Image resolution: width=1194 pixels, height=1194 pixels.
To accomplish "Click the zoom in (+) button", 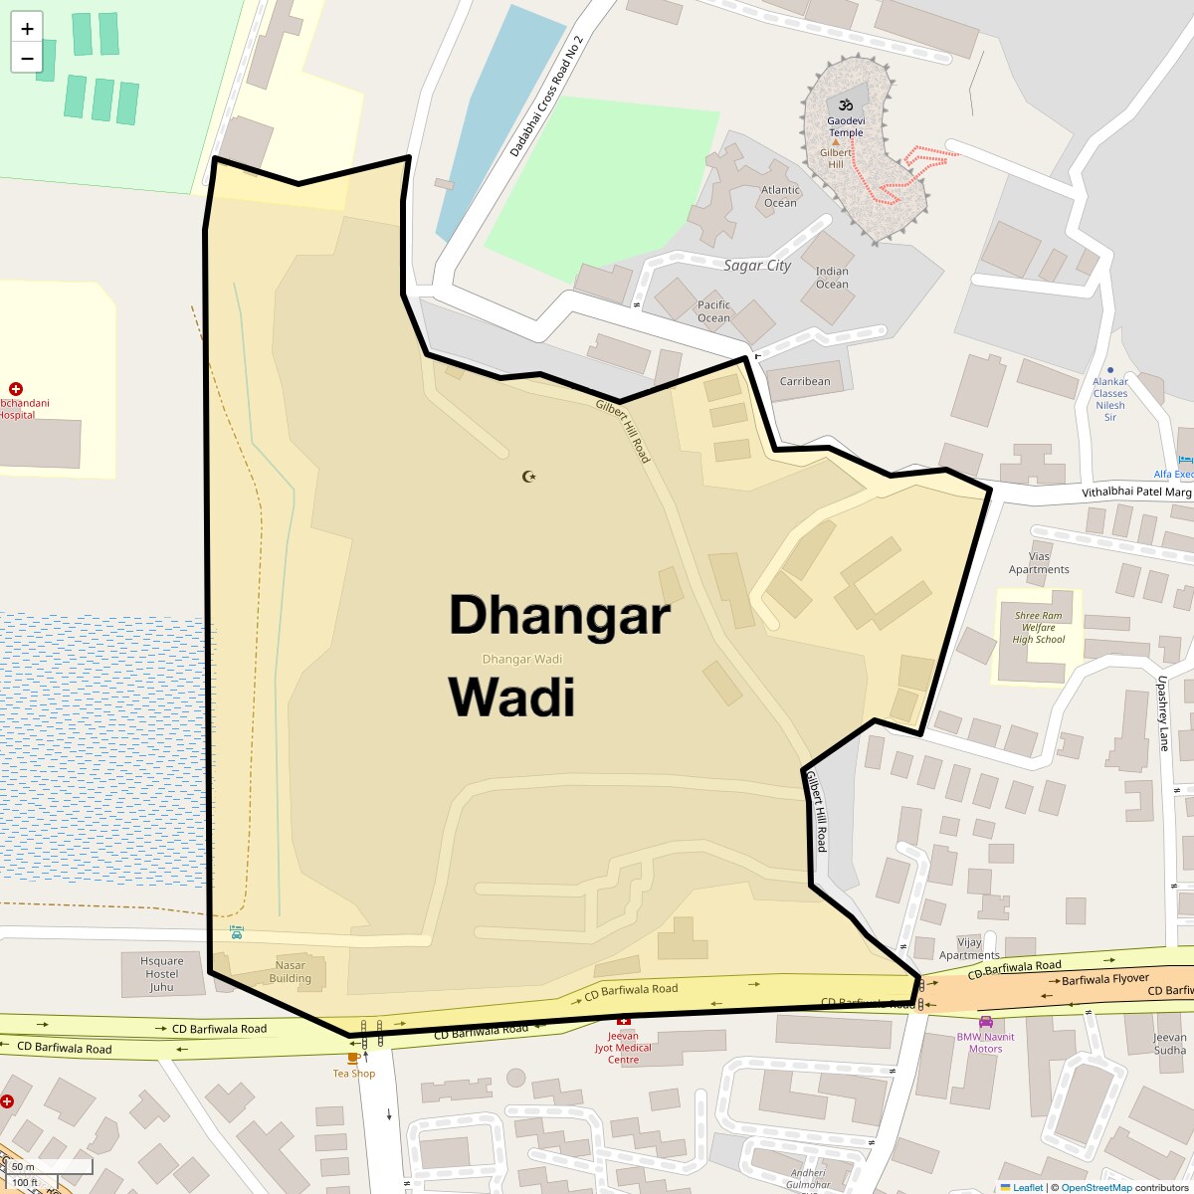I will pyautogui.click(x=27, y=28).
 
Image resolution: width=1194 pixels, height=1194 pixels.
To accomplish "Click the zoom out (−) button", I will pyautogui.click(x=27, y=58).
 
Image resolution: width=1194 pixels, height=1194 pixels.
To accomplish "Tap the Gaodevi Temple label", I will pyautogui.click(x=846, y=126).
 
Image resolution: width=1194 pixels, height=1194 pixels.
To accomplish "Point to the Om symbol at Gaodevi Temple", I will pyautogui.click(x=846, y=104).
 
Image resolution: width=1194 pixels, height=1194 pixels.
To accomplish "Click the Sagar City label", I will pyautogui.click(x=757, y=266).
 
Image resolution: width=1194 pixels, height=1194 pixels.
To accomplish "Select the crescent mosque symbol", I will pyautogui.click(x=529, y=477).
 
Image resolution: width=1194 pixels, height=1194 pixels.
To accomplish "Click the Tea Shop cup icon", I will pyautogui.click(x=353, y=1058).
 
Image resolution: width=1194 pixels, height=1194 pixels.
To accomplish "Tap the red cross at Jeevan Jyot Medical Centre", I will pyautogui.click(x=624, y=1021).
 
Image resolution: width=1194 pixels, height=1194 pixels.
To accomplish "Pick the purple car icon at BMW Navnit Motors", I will pyautogui.click(x=986, y=1022).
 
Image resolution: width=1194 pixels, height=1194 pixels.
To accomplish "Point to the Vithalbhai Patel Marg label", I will pyautogui.click(x=1136, y=493).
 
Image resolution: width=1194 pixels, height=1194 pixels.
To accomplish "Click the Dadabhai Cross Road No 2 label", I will pyautogui.click(x=546, y=96).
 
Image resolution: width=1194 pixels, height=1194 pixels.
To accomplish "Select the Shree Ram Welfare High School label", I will pyautogui.click(x=1039, y=628).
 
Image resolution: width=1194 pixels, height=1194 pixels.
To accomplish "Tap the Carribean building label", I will pyautogui.click(x=805, y=381).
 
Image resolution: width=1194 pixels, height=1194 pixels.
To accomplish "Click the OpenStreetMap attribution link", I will pyautogui.click(x=1096, y=1187).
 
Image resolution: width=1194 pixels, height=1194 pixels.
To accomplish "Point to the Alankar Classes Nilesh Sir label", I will pyautogui.click(x=1110, y=399).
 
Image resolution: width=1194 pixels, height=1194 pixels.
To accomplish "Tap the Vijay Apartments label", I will pyautogui.click(x=969, y=948).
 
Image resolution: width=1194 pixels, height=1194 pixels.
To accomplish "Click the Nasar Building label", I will pyautogui.click(x=291, y=972).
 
